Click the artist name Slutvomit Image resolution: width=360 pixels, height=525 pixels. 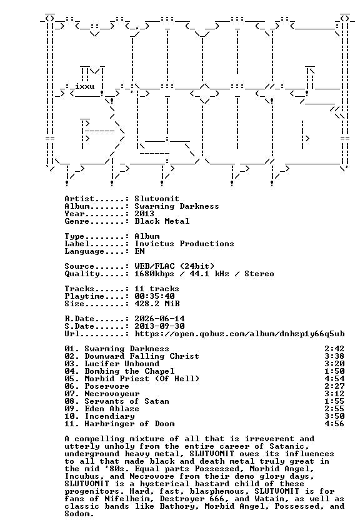pos(157,199)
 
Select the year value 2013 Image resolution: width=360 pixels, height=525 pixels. pos(144,214)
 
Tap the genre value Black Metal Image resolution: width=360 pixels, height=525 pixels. pos(162,221)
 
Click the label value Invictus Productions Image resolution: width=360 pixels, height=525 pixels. pos(184,244)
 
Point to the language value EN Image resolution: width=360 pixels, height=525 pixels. pos(139,251)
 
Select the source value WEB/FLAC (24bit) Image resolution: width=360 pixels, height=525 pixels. pos(174,266)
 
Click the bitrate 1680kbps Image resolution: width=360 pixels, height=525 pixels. pos(154,274)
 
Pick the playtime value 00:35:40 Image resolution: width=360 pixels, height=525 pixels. pos(154,296)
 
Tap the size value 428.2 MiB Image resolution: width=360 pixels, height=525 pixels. pos(157,304)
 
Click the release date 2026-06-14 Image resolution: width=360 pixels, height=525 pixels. pos(159,319)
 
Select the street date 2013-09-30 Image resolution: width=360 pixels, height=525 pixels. pos(159,326)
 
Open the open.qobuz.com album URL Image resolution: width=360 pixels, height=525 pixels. pos(239,334)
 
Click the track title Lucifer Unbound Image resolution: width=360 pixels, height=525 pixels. pos(122,364)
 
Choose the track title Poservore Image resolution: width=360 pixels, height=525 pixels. pos(107,386)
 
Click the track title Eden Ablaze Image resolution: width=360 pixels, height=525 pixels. pos(111,409)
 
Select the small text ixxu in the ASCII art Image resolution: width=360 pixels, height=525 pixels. pos(85,86)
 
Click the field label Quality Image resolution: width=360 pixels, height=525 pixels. pos(82,274)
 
